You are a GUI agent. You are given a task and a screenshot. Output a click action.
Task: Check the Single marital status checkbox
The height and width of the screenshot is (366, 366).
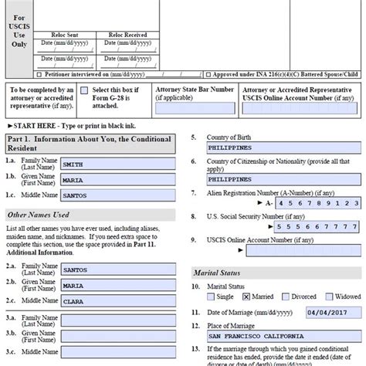coord(213,296)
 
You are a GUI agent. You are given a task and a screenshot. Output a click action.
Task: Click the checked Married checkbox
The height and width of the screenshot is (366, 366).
coord(246,296)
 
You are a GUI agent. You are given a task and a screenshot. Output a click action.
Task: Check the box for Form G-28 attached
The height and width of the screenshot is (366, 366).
coord(86,91)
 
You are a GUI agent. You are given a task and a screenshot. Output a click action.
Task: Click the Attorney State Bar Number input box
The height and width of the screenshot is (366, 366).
coord(194,110)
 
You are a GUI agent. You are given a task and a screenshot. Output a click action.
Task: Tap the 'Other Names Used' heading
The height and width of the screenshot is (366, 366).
coord(39,214)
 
